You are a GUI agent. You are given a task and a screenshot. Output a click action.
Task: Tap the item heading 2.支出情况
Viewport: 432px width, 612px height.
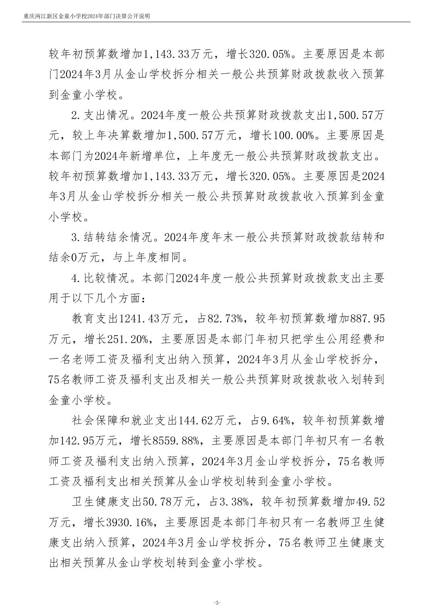[x=99, y=116]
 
